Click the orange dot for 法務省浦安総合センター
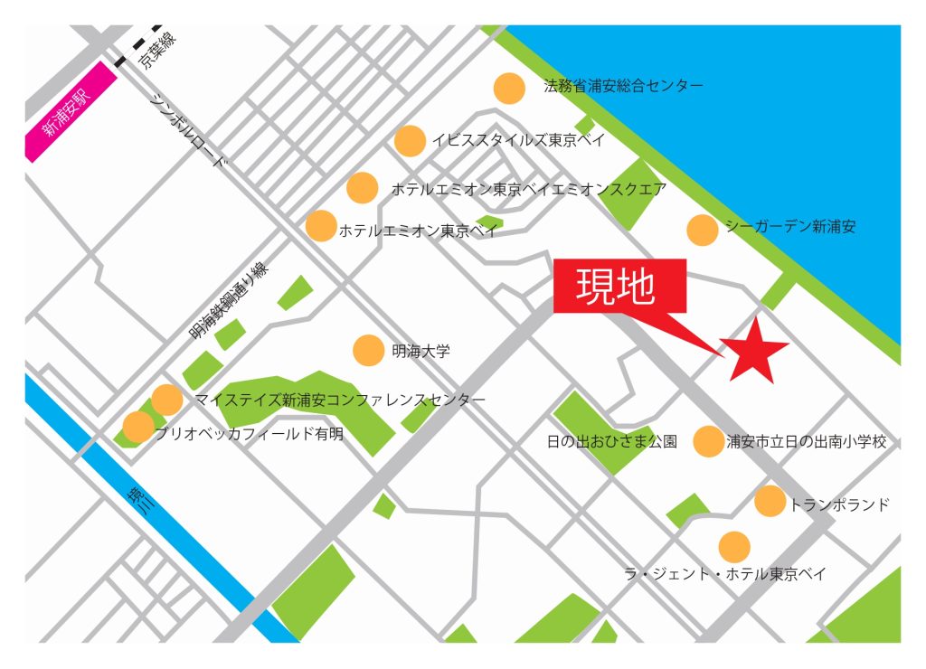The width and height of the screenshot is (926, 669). coord(509,88)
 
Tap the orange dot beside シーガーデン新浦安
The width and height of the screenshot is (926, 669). coord(703,230)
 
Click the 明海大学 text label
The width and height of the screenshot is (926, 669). coord(420,350)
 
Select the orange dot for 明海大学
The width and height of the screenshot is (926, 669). coord(368,350)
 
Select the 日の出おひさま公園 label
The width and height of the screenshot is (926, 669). coord(612,442)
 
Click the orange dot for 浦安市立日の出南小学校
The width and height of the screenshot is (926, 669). coord(708,441)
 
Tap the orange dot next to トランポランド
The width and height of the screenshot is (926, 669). coord(770,501)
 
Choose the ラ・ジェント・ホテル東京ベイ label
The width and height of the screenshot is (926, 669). coord(725,574)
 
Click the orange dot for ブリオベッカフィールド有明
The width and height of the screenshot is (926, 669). coord(138,427)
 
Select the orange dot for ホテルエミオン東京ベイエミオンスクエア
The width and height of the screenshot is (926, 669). coord(363,188)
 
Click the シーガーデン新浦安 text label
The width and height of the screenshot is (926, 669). coord(789,226)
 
